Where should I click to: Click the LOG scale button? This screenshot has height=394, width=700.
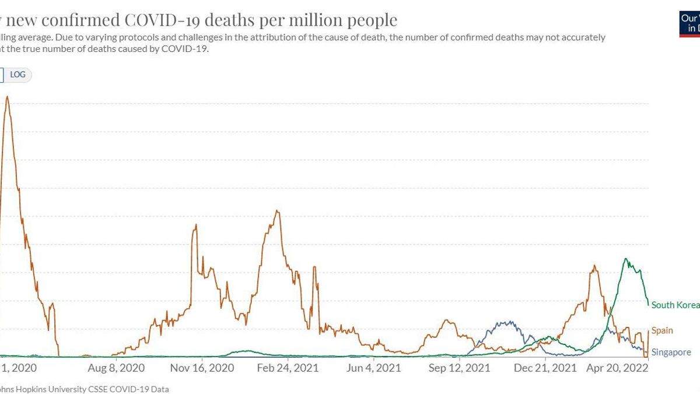tap(17, 75)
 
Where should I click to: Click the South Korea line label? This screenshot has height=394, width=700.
tap(675, 305)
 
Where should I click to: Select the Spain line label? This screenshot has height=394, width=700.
tap(662, 330)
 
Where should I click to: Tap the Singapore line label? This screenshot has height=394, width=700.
tap(671, 352)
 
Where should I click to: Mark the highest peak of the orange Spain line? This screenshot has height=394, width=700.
tap(6, 96)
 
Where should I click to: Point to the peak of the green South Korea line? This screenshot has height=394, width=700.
tap(625, 259)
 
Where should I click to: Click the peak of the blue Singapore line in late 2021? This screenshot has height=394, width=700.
tap(510, 321)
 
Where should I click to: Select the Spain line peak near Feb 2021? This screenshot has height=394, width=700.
tap(278, 211)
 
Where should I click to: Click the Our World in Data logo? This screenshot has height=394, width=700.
tap(689, 22)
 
